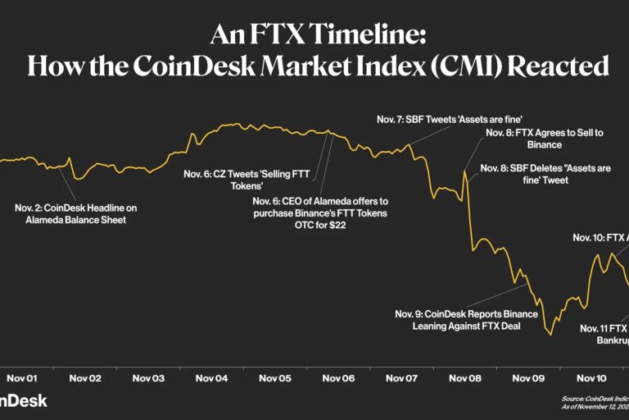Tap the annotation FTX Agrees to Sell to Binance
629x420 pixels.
pos(534,139)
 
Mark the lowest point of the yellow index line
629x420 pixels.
pos(551,335)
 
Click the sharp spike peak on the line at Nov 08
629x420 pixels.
pos(464,171)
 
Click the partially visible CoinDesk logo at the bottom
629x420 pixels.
pos(23,400)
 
